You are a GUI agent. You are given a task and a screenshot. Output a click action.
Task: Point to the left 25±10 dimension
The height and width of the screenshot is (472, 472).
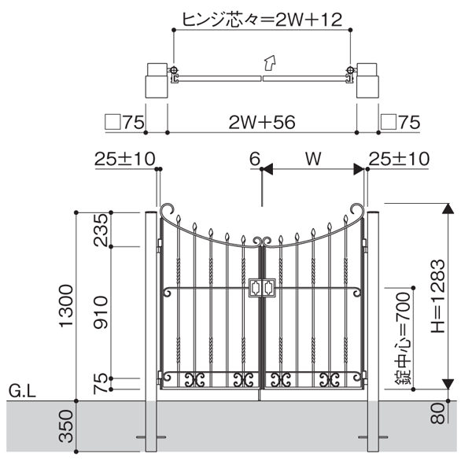[124, 159]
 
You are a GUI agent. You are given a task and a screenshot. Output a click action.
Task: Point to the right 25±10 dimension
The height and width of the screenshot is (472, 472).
[399, 159]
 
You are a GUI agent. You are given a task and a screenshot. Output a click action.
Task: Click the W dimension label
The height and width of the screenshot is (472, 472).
[313, 159]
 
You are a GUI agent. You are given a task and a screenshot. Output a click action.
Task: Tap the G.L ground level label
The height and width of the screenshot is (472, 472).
[20, 390]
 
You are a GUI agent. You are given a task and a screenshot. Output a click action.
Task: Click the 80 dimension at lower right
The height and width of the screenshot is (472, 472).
[438, 413]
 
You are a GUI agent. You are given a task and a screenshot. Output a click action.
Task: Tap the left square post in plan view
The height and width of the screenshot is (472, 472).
[156, 79]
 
